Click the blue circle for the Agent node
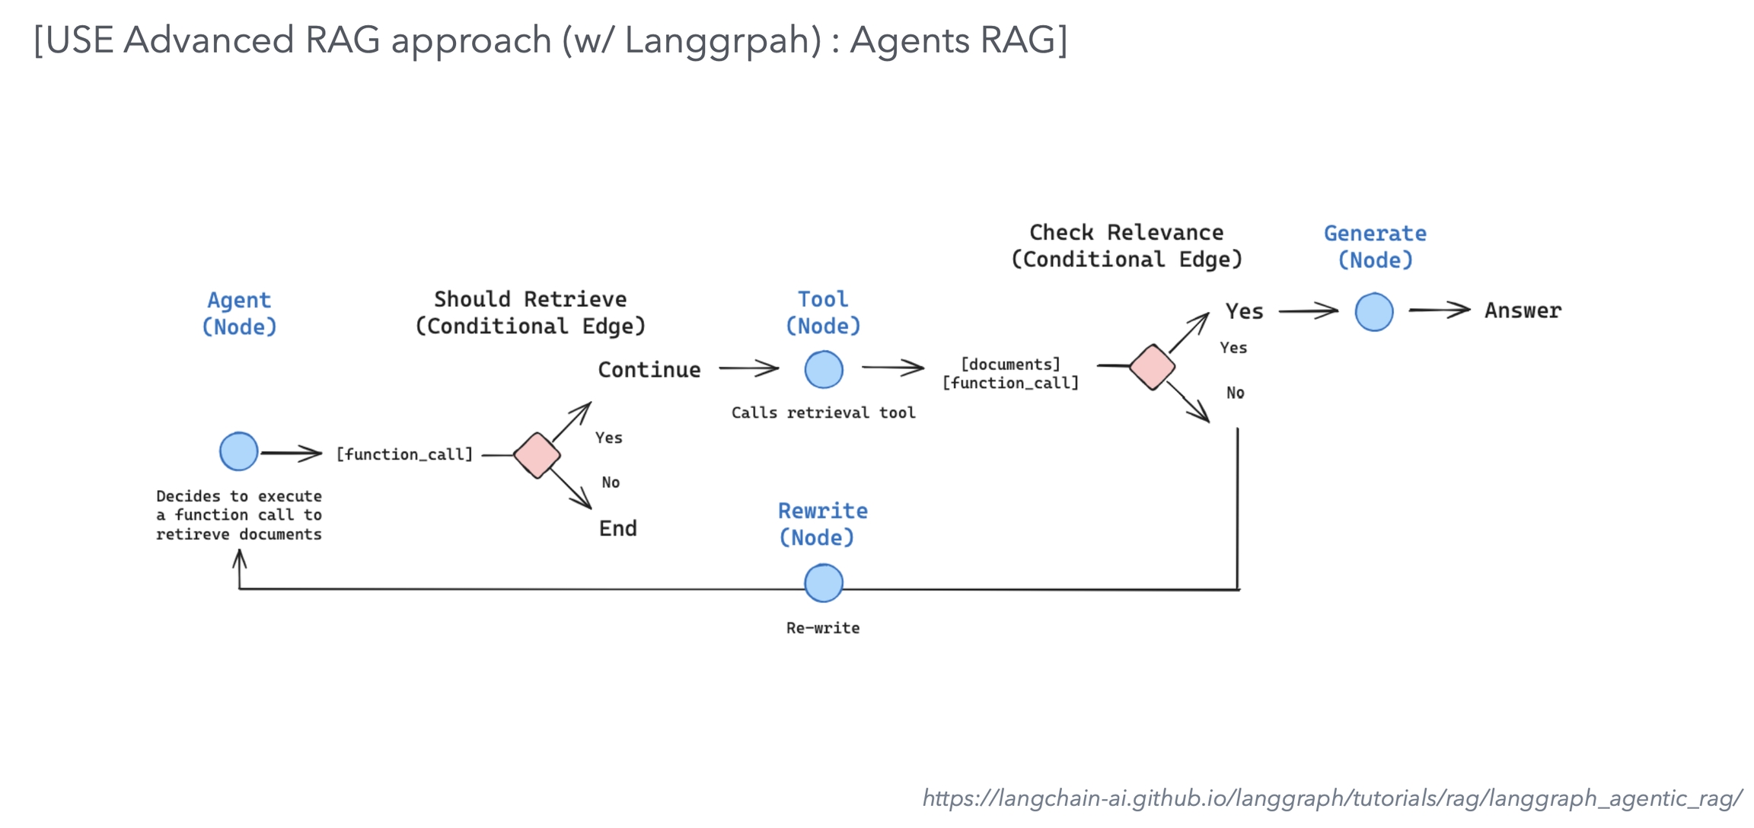click(x=238, y=451)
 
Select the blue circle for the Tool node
click(x=824, y=370)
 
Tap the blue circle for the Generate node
click(x=1374, y=312)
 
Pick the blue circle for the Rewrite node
click(x=824, y=583)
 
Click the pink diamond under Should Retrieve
click(x=537, y=455)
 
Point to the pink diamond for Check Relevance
click(x=1152, y=367)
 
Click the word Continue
click(x=649, y=370)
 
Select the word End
click(x=617, y=528)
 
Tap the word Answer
click(x=1523, y=310)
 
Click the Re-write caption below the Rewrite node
click(x=823, y=628)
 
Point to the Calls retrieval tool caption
click(x=823, y=412)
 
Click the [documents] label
click(x=1010, y=364)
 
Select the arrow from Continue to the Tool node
click(x=748, y=369)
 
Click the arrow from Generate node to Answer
click(x=1439, y=310)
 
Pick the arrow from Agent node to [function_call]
click(x=292, y=454)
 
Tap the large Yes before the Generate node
click(x=1244, y=311)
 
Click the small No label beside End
click(x=611, y=482)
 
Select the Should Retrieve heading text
click(x=530, y=299)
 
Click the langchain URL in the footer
click(x=1331, y=798)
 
